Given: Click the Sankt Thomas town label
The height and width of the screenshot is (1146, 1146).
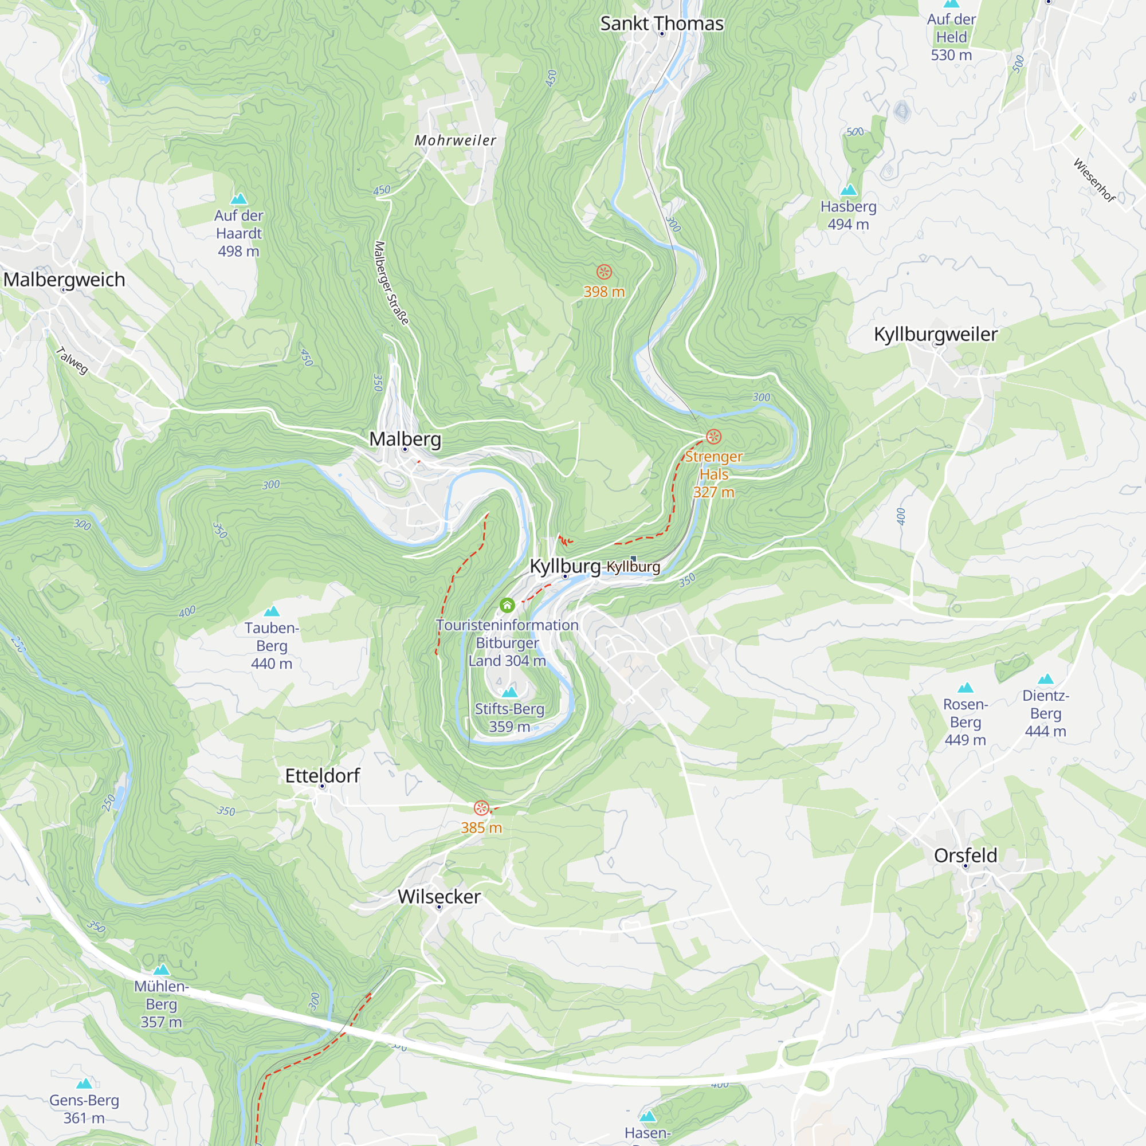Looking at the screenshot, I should [661, 23].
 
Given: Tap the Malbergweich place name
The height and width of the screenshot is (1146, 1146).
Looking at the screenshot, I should [64, 280].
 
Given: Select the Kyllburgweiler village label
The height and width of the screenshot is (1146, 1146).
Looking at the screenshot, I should [936, 334].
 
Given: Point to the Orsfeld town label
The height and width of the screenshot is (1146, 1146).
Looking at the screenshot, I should [965, 855].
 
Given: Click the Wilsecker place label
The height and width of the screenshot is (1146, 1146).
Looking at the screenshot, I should [439, 896].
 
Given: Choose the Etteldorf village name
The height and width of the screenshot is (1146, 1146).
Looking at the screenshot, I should [322, 775].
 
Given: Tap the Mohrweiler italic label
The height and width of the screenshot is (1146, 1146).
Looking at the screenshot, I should [455, 140].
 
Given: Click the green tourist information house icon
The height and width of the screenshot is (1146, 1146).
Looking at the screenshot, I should [507, 605].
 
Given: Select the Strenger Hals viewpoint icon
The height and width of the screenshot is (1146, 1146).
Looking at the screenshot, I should [713, 437].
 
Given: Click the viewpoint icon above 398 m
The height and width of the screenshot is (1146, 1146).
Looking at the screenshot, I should [604, 272].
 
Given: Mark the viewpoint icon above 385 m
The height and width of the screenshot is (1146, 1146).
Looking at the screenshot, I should [481, 808].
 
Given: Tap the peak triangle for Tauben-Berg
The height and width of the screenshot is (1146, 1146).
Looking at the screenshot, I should [272, 611].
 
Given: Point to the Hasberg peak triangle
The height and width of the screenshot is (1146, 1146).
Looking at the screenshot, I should [848, 190].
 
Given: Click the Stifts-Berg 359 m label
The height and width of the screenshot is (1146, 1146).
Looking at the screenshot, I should [509, 717].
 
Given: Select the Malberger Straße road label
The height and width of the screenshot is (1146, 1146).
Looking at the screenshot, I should [391, 283].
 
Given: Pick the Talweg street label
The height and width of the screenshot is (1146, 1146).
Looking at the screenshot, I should [72, 360].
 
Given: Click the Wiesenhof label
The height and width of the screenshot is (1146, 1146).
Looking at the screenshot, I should [1094, 180].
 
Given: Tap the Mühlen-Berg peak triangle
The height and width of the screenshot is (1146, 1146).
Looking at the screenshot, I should [162, 970].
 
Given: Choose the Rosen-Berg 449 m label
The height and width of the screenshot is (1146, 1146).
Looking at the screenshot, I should [965, 722].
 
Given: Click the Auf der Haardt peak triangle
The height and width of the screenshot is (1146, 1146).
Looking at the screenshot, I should [238, 199].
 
